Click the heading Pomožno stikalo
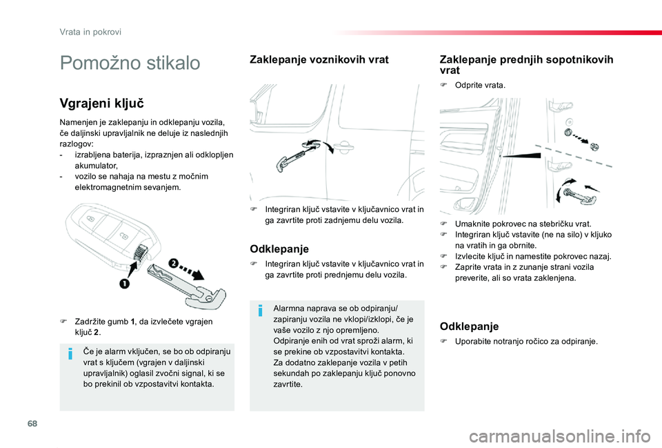pos(130,64)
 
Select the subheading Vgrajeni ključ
pos(101,104)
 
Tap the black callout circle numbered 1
pos(126,284)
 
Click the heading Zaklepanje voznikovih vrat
pos(318,60)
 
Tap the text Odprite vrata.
pos(480,86)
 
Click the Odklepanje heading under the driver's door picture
pos(279,249)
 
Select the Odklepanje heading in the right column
pos(468,326)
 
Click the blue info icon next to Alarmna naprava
pos(260,311)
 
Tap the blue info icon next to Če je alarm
pos(70,355)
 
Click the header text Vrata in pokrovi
pos(90,31)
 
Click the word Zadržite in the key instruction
pos(89,322)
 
